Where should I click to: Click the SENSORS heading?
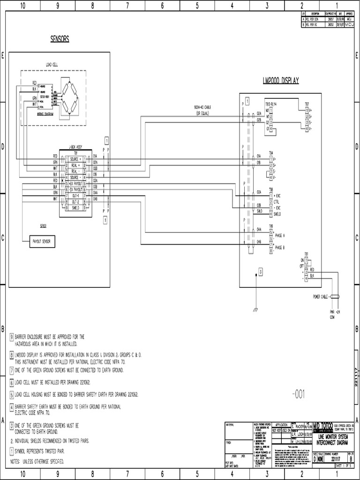63,38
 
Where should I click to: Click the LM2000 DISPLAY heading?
280,81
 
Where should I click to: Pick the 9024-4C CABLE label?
203,107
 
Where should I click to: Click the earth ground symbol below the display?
255,310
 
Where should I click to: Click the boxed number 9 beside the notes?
12,337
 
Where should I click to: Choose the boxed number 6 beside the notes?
12,383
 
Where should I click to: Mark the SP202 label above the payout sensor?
43,225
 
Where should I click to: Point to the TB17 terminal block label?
307,104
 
